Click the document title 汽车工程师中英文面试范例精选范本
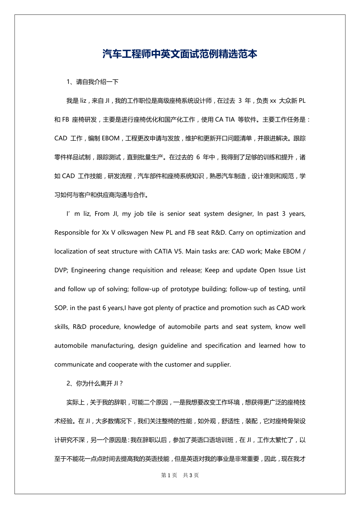pos(180,54)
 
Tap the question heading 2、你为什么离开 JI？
pos(95,383)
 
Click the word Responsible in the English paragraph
pos(72,233)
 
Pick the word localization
pos(72,251)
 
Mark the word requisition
pos(146,270)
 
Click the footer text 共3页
pos(191,475)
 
